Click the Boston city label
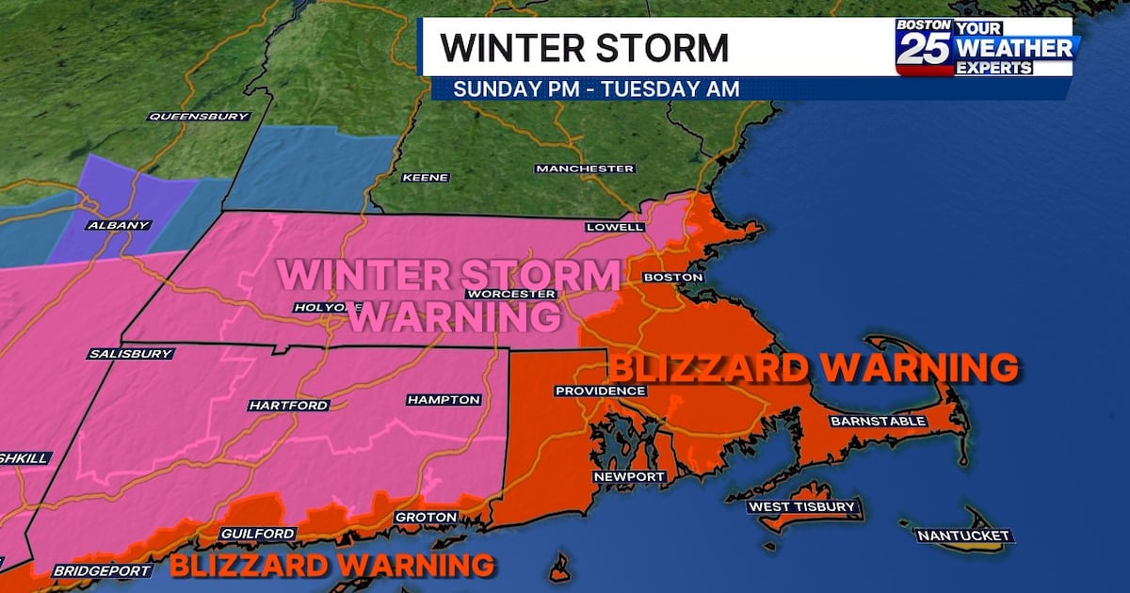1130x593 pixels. [x=672, y=278]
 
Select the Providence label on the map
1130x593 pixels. [x=600, y=391]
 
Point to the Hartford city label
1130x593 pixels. [x=288, y=406]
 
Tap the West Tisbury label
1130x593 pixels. [x=802, y=507]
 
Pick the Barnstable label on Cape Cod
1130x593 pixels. [x=878, y=421]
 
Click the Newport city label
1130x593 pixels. [x=629, y=477]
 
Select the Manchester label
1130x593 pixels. [x=585, y=168]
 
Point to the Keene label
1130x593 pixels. [x=426, y=177]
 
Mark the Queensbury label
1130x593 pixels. [x=199, y=117]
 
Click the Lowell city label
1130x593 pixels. [x=614, y=227]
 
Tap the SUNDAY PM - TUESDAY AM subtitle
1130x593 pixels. [x=595, y=88]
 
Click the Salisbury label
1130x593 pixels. [x=131, y=354]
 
